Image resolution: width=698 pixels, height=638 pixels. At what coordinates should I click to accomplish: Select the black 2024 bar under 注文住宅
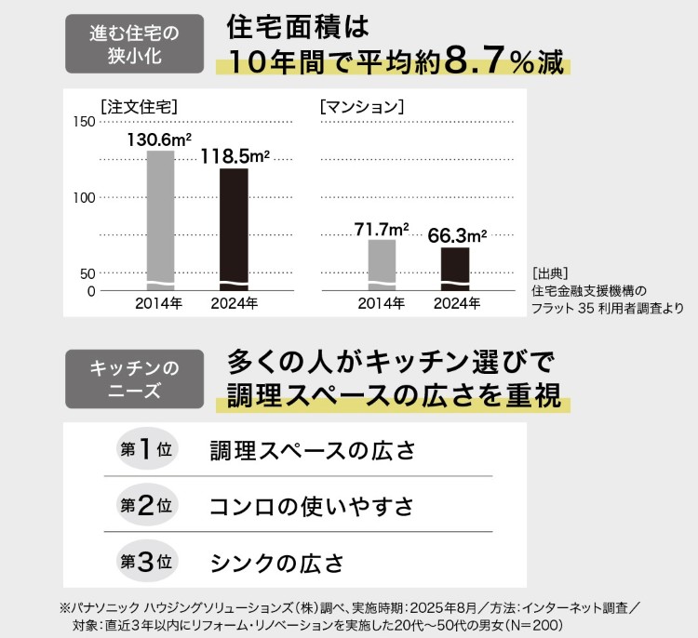point(234,228)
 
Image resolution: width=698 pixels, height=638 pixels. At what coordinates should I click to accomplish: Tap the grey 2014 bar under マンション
point(382,265)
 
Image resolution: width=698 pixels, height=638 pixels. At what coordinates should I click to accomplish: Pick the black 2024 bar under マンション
point(454,269)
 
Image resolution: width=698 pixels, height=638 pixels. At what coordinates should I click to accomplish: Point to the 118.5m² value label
point(235,155)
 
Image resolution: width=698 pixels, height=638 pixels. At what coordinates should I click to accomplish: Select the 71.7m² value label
point(382,228)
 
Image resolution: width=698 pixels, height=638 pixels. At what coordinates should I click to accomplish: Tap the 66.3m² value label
point(457,235)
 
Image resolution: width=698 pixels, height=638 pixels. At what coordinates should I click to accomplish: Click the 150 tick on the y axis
point(83,122)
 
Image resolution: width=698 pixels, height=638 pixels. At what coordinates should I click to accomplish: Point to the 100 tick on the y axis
point(83,197)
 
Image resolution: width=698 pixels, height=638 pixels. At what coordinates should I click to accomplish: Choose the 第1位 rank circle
point(146,449)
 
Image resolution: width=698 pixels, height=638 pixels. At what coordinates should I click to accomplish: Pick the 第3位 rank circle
point(146,562)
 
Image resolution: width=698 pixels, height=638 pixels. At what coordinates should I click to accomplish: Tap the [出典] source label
point(549,273)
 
